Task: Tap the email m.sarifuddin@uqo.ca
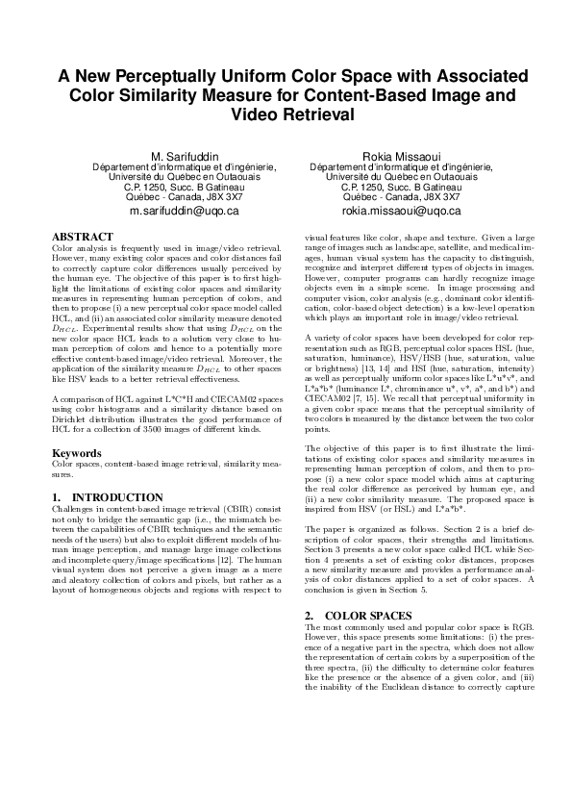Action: [x=184, y=211]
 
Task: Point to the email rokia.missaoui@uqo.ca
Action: [x=402, y=211]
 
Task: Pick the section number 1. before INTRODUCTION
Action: [x=57, y=497]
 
